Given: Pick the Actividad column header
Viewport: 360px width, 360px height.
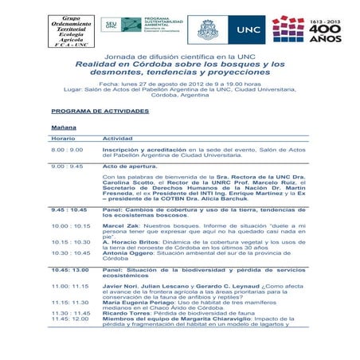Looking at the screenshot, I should click(x=117, y=139).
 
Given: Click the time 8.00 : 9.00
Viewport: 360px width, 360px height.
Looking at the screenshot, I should click(x=67, y=150).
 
